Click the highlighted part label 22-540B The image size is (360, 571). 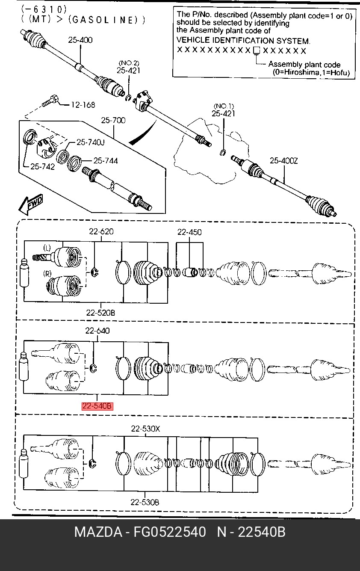pyautogui.click(x=97, y=406)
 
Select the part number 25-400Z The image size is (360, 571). pyautogui.click(x=284, y=160)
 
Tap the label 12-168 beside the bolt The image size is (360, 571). pyautogui.click(x=83, y=105)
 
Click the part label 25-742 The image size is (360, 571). pyautogui.click(x=43, y=166)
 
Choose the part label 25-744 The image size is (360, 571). pyautogui.click(x=106, y=160)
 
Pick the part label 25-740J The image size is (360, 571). pyautogui.click(x=91, y=142)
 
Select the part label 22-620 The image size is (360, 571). pyautogui.click(x=101, y=231)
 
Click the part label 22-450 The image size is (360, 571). pyautogui.click(x=189, y=232)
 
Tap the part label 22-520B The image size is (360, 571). pyautogui.click(x=100, y=313)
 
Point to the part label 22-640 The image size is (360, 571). pyautogui.click(x=97, y=331)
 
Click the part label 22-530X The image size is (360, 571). pyautogui.click(x=145, y=429)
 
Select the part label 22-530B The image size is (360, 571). pyautogui.click(x=145, y=502)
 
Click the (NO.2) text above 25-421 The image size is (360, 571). pyautogui.click(x=129, y=63)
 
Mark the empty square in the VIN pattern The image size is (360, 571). pyautogui.click(x=256, y=50)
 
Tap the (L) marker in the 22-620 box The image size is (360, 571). pyautogui.click(x=47, y=248)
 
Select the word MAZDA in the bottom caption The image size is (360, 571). pyautogui.click(x=98, y=532)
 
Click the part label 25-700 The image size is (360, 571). pyautogui.click(x=113, y=120)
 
